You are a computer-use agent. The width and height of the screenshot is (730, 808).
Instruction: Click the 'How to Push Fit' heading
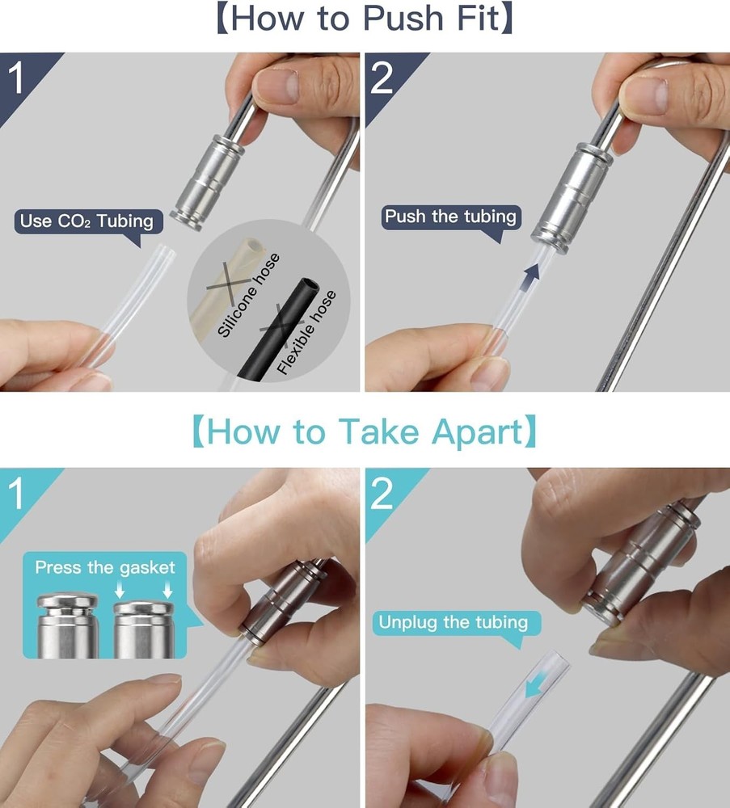point(365,19)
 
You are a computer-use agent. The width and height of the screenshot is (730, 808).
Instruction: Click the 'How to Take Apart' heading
point(365,431)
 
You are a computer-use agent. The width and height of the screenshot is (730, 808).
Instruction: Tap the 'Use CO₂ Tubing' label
point(87,221)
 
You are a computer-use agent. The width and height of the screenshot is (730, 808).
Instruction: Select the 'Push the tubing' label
point(450,217)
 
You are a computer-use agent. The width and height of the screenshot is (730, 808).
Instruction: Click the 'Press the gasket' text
point(105,568)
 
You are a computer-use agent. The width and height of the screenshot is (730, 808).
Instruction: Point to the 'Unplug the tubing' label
point(454,622)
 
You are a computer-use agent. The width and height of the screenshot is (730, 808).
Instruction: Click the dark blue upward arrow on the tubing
point(530,278)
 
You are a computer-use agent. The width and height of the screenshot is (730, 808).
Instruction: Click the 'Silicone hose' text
point(248,295)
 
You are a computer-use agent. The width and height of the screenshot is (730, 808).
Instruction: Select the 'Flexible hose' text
point(306,332)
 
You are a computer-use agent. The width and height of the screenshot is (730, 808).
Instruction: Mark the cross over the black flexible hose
point(281,323)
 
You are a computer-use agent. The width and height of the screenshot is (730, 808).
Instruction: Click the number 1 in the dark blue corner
point(16,78)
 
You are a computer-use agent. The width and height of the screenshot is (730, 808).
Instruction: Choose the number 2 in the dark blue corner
point(382,78)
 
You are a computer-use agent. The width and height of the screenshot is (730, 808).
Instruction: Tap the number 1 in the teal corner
point(16,494)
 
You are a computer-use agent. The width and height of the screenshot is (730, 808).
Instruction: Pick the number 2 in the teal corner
point(382,494)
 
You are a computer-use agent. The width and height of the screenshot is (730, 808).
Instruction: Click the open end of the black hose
point(310,285)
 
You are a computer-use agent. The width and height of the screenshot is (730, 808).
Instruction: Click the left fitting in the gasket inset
point(68,625)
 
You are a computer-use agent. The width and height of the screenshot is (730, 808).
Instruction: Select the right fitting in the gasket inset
point(144,629)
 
